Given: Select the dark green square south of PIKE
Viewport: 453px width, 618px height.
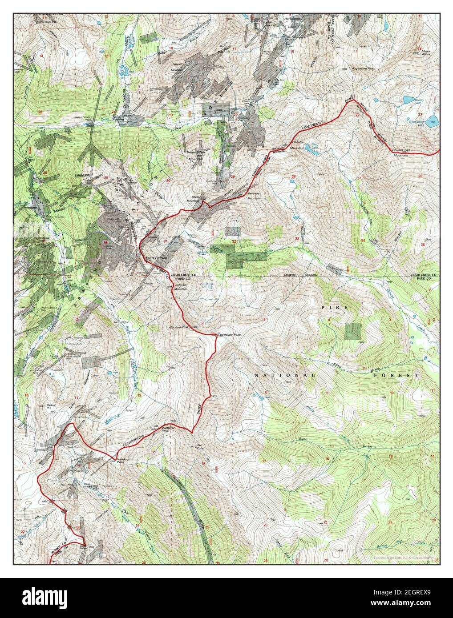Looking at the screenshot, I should point(354,331).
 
